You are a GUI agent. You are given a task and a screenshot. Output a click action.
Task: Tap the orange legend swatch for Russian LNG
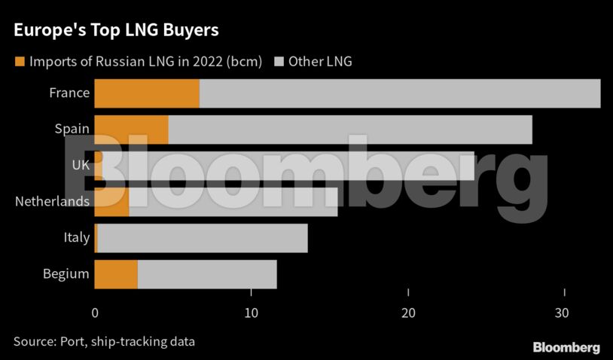19,61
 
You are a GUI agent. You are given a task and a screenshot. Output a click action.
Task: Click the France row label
69,93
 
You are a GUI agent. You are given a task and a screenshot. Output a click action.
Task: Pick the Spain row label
72,130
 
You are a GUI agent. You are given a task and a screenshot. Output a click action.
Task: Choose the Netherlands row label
53,202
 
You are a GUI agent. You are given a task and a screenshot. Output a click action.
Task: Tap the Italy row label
77,238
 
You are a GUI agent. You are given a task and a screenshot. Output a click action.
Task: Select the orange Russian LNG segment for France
147,93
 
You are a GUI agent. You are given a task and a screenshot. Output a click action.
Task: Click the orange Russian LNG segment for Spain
131,130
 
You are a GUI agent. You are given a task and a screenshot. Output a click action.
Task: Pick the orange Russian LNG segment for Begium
116,274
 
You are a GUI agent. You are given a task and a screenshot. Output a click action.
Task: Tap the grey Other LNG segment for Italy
203,238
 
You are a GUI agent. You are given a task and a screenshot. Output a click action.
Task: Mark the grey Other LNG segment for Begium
207,274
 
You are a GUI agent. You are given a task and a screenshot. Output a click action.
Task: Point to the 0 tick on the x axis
95,313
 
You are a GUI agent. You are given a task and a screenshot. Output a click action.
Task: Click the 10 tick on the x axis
252,313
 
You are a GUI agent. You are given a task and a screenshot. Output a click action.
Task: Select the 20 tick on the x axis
408,313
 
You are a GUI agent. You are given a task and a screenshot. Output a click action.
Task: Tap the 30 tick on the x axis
565,313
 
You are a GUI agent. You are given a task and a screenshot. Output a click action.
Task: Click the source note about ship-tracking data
104,341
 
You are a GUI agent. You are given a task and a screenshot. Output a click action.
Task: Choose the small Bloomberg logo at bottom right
566,347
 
